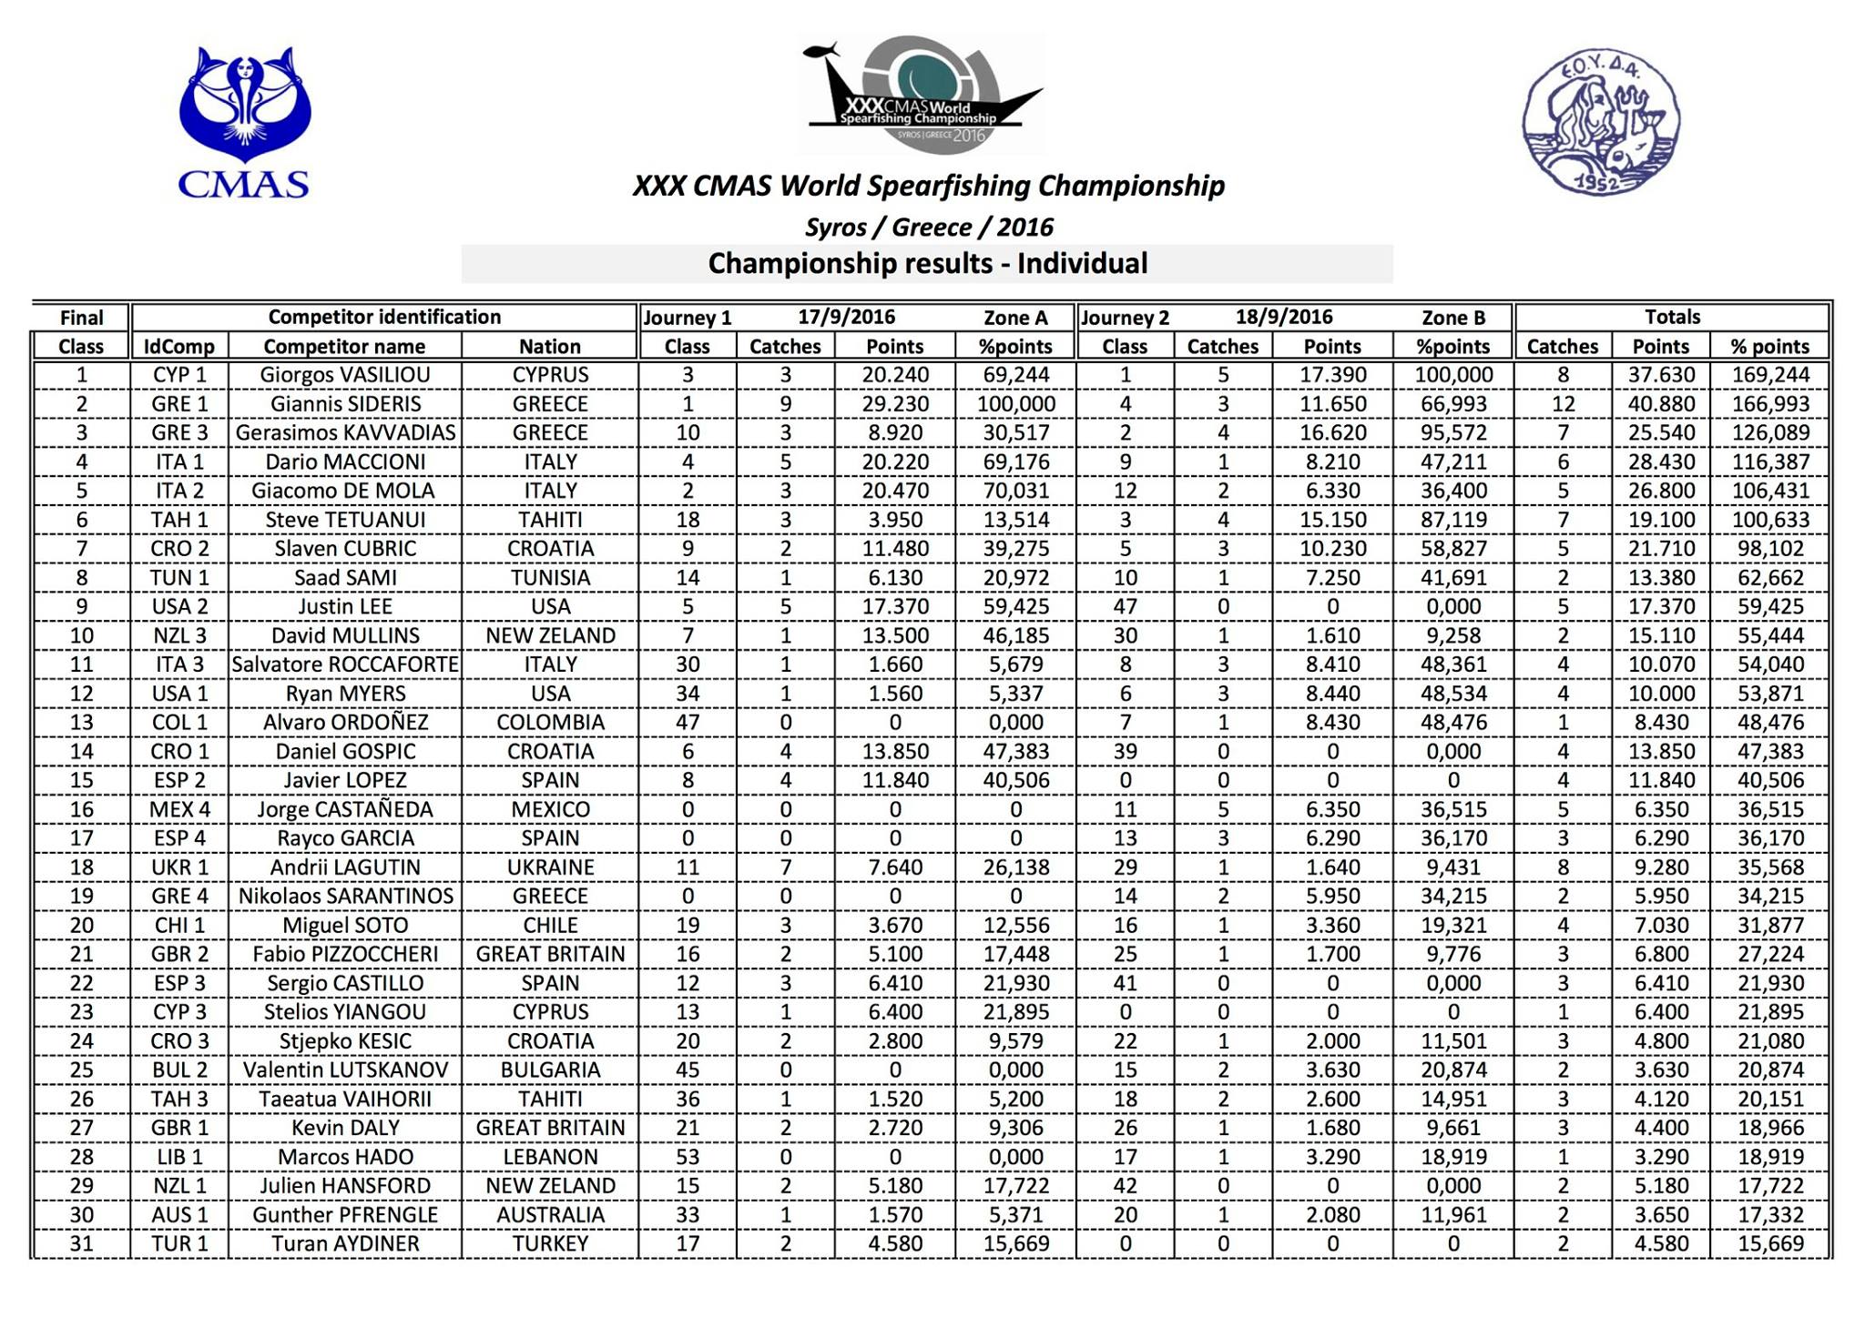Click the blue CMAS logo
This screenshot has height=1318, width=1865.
pos(244,122)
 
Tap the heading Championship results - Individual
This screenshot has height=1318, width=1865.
pos(927,264)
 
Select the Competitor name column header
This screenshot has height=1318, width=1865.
pos(344,347)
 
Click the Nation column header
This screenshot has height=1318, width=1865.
pos(549,347)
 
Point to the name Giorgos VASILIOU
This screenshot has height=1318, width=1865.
pos(344,375)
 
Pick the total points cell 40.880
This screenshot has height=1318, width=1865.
pos(1661,404)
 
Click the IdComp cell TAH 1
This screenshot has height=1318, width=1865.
pos(179,520)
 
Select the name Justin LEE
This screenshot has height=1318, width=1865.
pos(344,606)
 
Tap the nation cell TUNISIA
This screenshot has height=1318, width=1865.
pos(549,578)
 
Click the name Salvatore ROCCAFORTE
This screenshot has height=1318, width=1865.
pos(344,664)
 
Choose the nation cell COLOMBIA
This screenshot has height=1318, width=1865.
pos(549,723)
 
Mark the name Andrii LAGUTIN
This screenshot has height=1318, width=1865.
pos(344,867)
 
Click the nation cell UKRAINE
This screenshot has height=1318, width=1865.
pos(549,867)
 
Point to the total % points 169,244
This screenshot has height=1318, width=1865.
pos(1769,375)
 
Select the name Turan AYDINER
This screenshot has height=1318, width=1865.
pos(344,1243)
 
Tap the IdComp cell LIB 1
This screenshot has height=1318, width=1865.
pos(179,1157)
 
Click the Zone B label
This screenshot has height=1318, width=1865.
pos(1452,318)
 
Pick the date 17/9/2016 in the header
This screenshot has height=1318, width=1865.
pos(846,318)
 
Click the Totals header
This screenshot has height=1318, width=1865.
pos(1672,318)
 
